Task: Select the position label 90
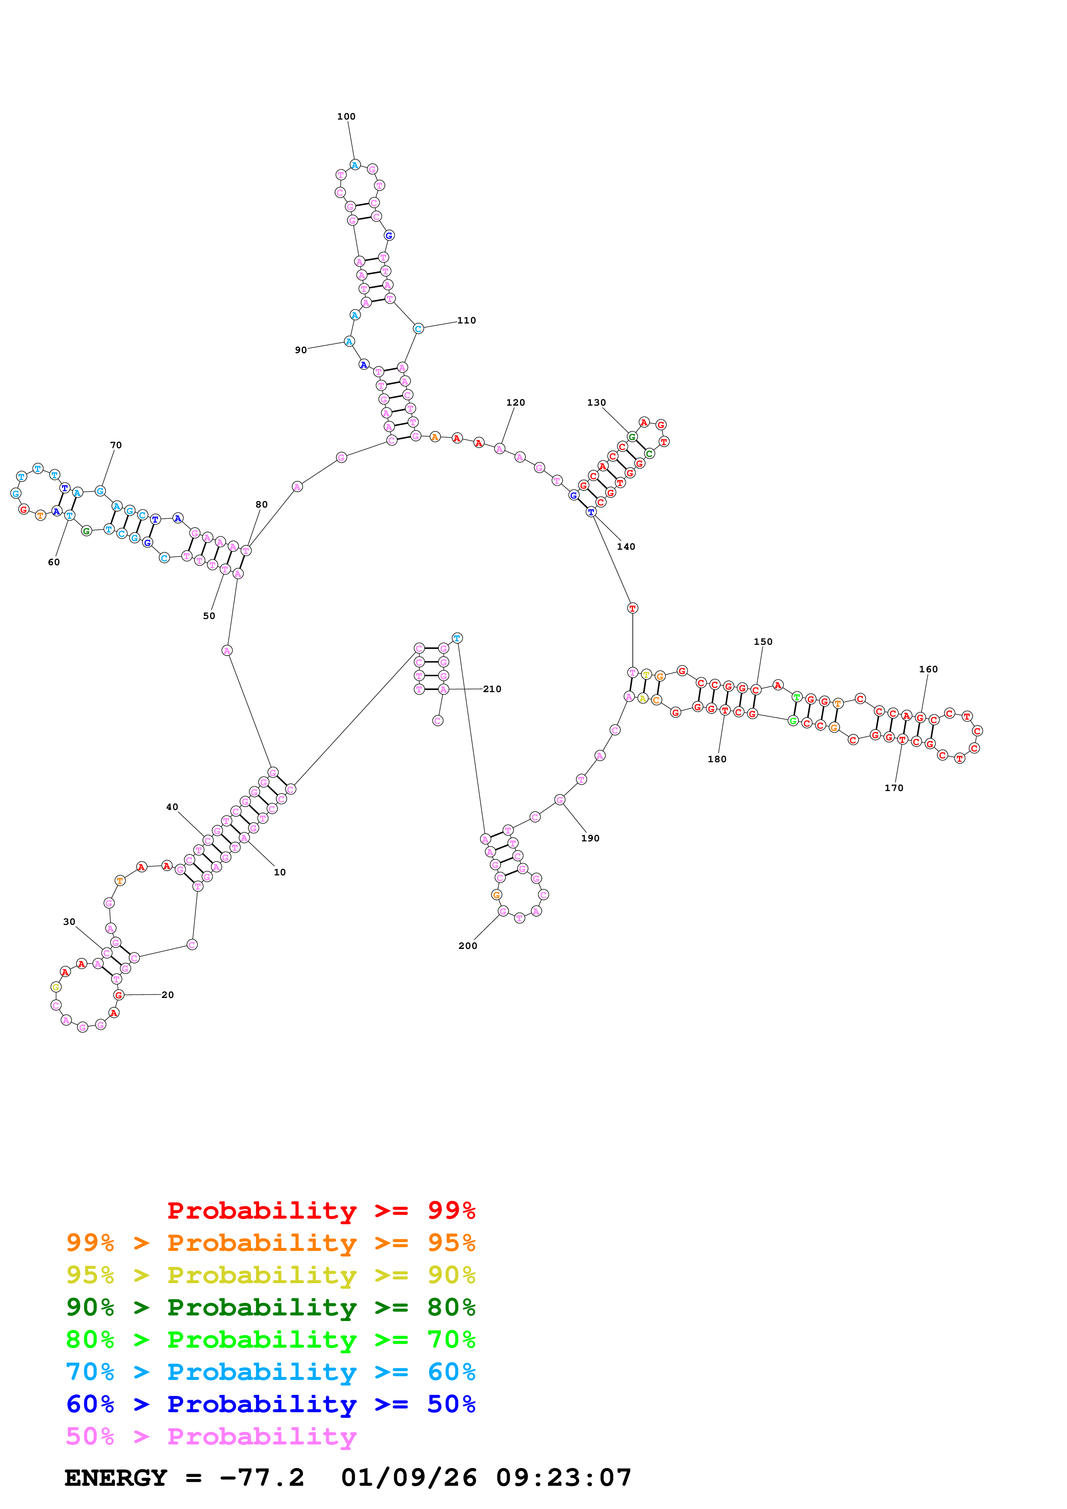pos(300,350)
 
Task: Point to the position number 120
pos(515,402)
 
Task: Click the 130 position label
pos(596,402)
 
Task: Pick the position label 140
pos(626,546)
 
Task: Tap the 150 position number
pos(763,641)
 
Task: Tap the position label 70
pos(116,445)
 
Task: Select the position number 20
pos(167,995)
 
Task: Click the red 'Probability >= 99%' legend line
pos(321,1210)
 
